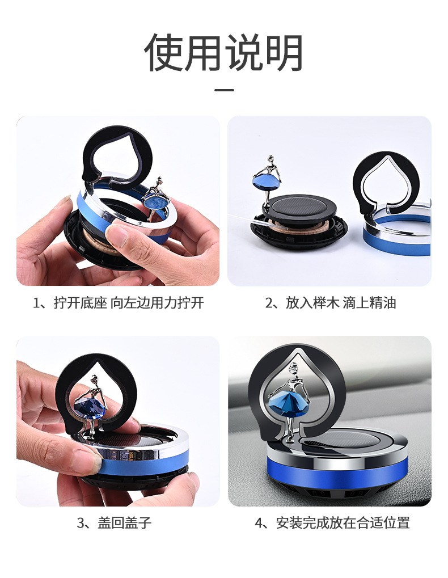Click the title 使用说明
pyautogui.click(x=224, y=52)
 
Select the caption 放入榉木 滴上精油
pyautogui.click(x=331, y=303)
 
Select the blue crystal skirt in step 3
pyautogui.click(x=92, y=406)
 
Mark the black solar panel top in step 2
pyautogui.click(x=301, y=205)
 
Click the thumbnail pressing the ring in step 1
pyautogui.click(x=117, y=234)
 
